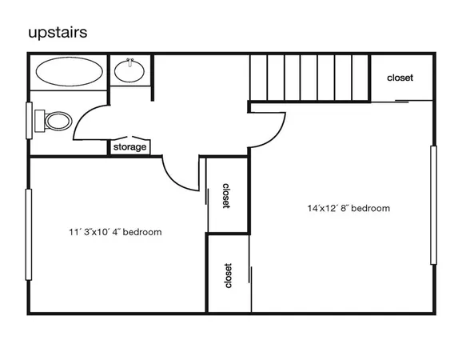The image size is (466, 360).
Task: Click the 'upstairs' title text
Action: (58, 33)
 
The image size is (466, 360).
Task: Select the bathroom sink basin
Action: (129, 72)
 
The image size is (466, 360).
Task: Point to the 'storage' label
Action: (129, 147)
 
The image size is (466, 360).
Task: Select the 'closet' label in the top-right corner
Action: (400, 78)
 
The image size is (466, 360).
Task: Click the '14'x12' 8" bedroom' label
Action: (349, 208)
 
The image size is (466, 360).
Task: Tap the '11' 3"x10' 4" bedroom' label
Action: (115, 233)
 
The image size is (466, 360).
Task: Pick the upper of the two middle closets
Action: (227, 194)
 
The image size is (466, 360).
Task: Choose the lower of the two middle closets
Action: (228, 274)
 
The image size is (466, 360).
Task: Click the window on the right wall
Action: (434, 205)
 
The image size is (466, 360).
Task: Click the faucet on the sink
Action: (129, 62)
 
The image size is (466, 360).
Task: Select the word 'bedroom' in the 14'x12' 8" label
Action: (371, 208)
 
